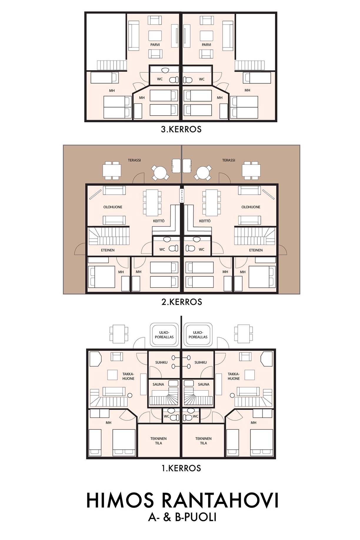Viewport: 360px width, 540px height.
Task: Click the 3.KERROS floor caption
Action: click(181, 129)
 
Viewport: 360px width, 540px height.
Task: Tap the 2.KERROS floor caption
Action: click(182, 302)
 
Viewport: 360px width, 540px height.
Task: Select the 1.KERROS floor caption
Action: click(181, 468)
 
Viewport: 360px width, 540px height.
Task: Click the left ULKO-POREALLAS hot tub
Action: click(164, 335)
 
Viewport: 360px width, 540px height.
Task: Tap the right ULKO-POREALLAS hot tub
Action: click(198, 335)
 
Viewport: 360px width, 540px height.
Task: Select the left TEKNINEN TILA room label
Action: click(159, 441)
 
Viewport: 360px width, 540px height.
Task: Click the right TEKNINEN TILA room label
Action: click(204, 441)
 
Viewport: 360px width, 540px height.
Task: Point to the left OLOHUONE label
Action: click(113, 207)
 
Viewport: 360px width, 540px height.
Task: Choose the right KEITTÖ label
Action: click(205, 221)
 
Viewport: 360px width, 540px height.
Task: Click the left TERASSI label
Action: click(134, 160)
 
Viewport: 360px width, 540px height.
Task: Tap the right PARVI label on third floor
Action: click(206, 45)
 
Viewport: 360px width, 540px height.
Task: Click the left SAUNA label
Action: click(158, 384)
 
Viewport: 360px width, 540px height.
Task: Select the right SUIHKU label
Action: click(201, 363)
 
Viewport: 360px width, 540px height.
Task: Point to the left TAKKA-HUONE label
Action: click(128, 376)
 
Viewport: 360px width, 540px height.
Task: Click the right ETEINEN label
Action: click(256, 250)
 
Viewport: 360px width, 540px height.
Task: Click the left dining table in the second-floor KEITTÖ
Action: click(152, 203)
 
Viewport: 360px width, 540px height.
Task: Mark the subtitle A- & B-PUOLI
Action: click(182, 517)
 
